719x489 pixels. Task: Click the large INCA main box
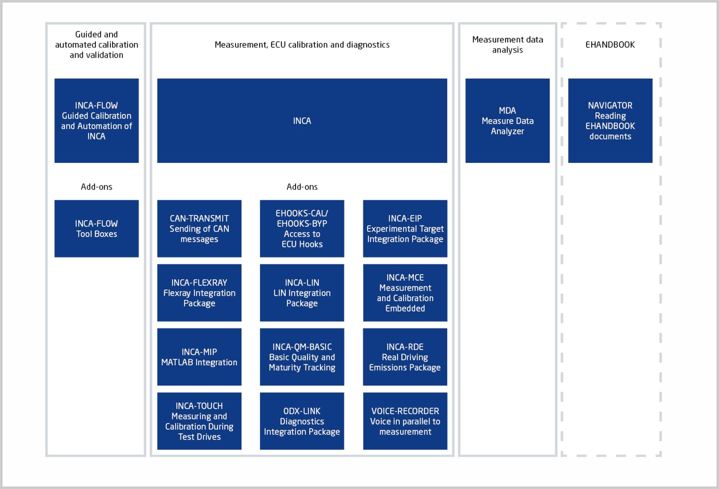click(302, 120)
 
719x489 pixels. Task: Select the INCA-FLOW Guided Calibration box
click(97, 120)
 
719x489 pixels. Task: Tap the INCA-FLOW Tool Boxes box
click(97, 229)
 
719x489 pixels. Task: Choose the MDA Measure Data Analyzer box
click(508, 120)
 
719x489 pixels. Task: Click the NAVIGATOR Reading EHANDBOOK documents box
click(610, 120)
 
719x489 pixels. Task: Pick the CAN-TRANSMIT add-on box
click(199, 229)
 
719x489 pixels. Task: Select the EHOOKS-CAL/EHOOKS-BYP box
click(302, 229)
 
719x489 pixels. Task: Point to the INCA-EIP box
click(405, 229)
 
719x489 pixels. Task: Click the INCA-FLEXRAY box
click(199, 293)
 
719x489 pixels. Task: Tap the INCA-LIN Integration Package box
click(302, 293)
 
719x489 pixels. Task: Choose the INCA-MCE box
click(405, 293)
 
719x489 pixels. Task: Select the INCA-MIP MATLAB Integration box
click(199, 357)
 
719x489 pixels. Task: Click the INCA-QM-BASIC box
click(302, 357)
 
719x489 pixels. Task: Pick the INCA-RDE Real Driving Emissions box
click(405, 357)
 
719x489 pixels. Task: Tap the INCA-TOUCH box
click(199, 421)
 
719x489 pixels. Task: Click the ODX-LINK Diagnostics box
click(302, 421)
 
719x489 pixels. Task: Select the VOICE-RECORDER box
click(405, 421)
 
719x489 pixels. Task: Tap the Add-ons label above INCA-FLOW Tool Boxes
click(97, 187)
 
